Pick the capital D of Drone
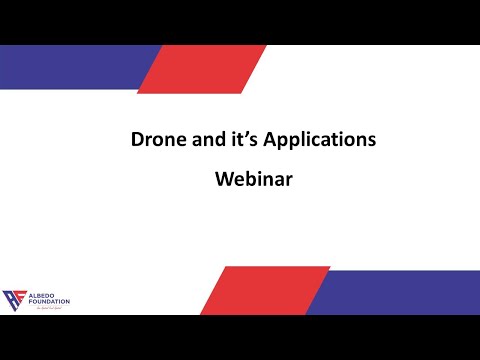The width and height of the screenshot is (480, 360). [x=138, y=140]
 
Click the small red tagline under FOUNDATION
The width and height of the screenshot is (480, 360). [x=46, y=310]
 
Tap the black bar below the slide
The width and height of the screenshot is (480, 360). [x=240, y=337]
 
